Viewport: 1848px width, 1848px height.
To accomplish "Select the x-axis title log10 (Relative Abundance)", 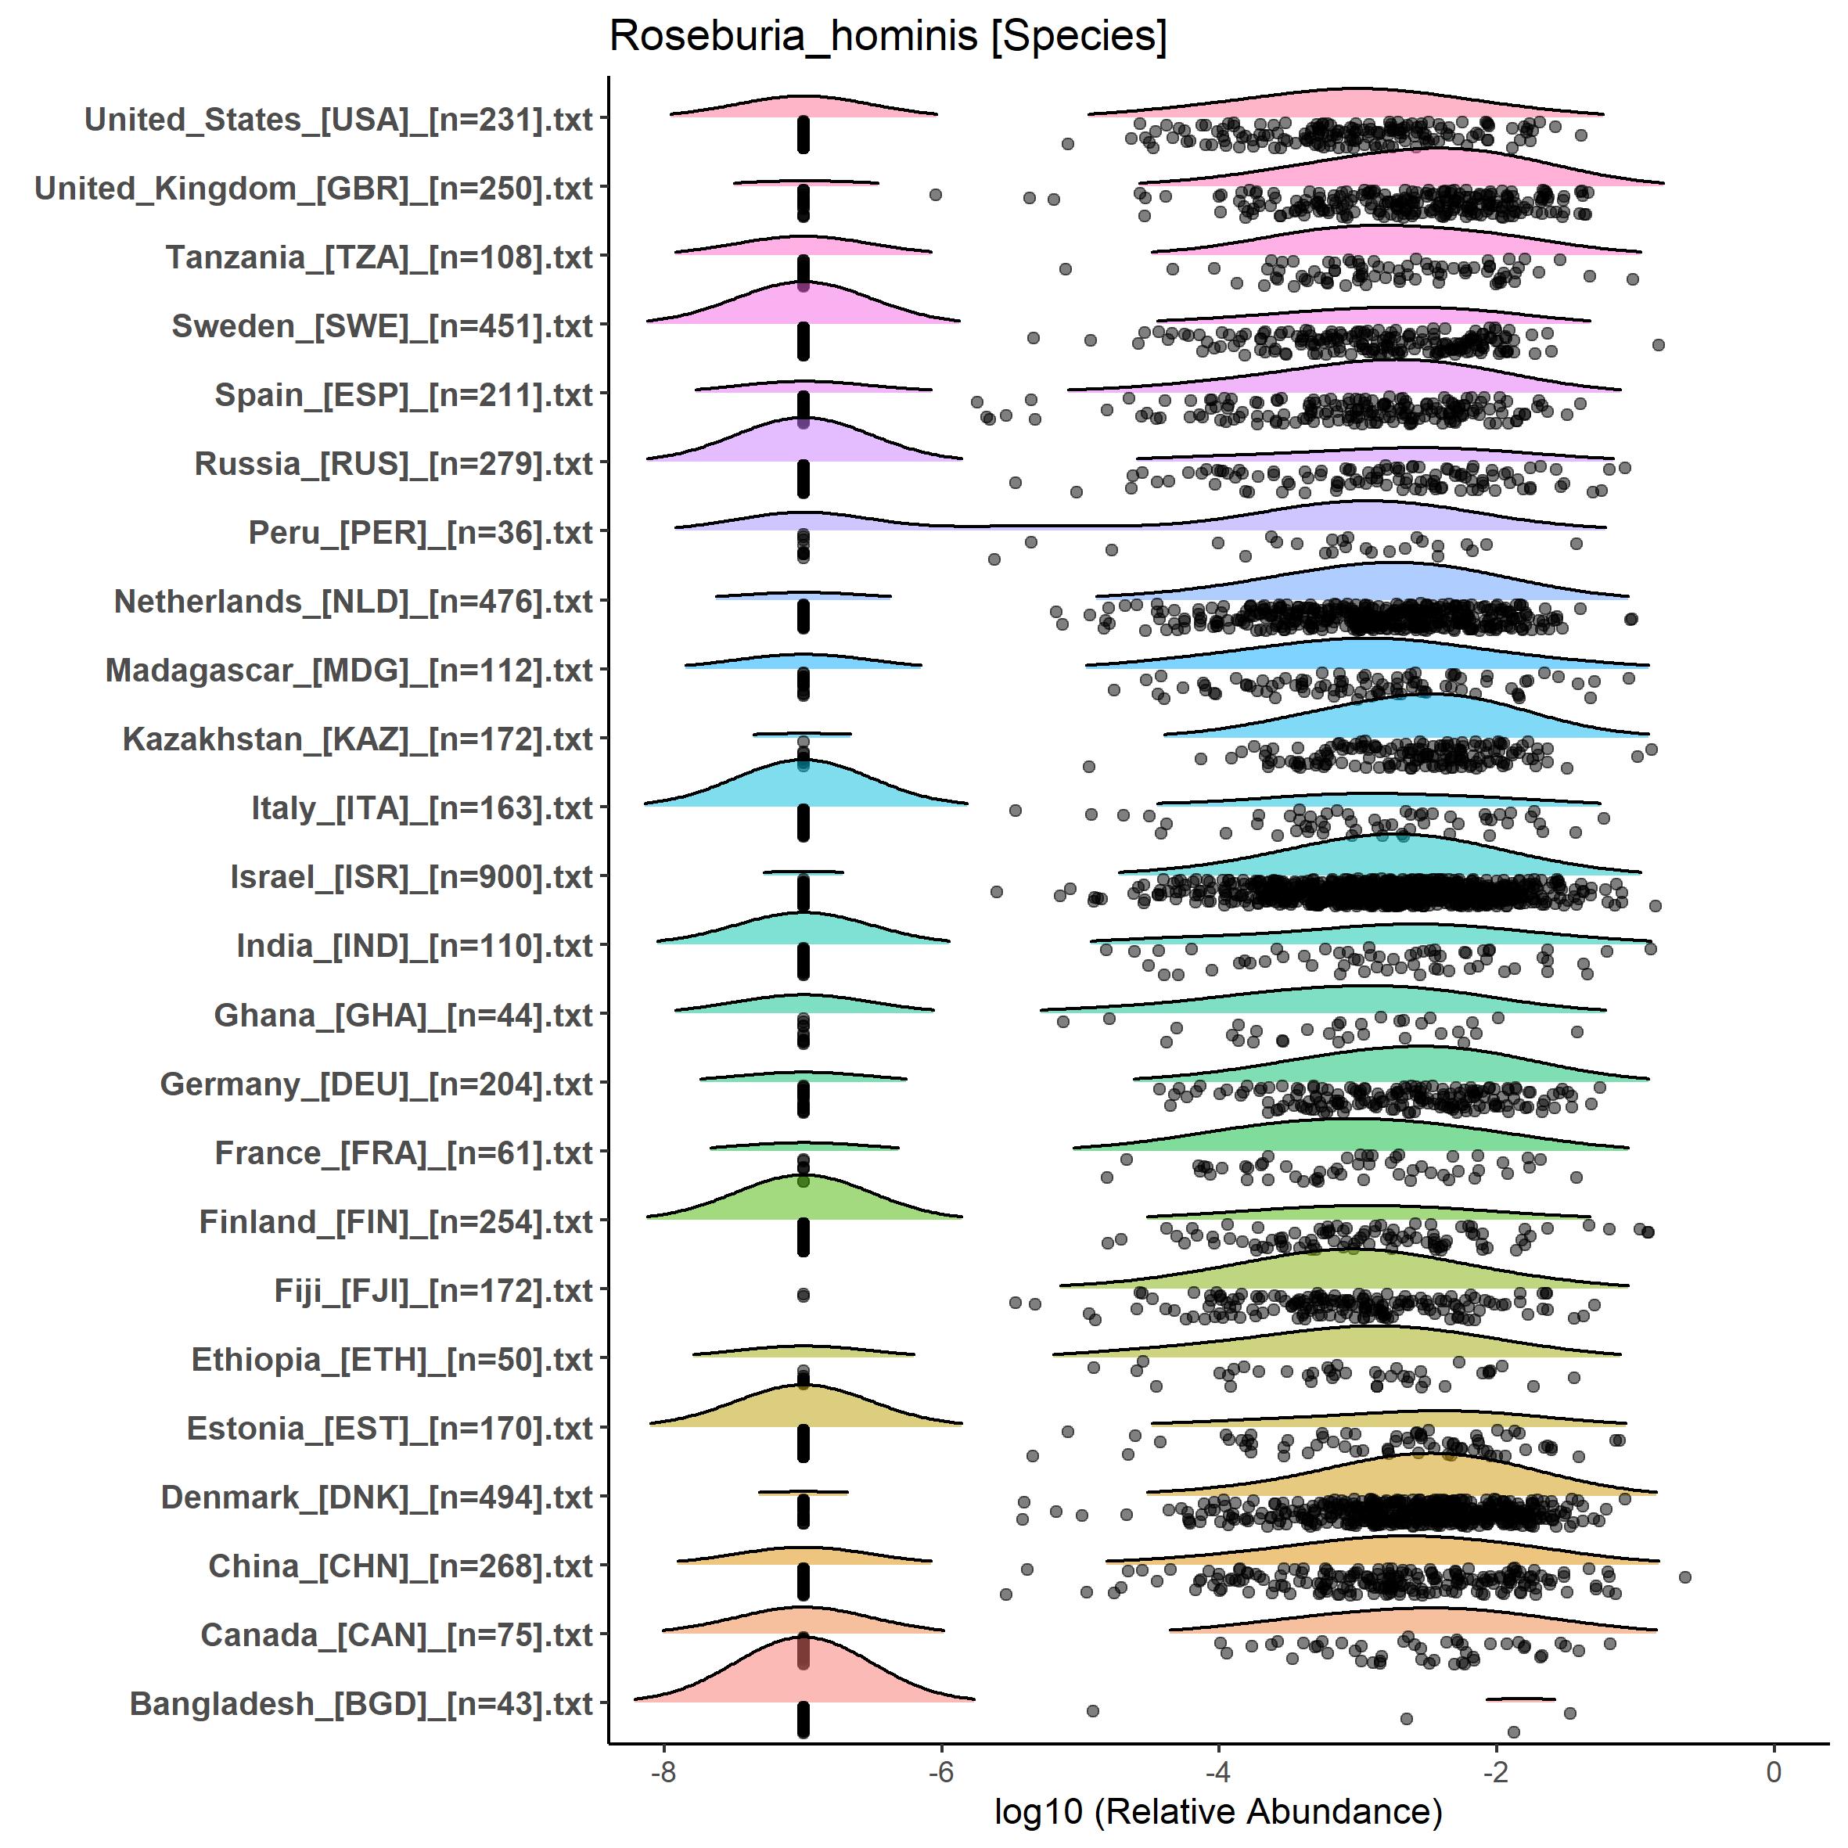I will [x=1217, y=1810].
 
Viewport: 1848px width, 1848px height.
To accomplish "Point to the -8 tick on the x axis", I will [x=663, y=1772].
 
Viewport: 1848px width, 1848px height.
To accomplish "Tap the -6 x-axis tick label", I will [x=941, y=1772].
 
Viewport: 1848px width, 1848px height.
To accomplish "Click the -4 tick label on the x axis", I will [x=1217, y=1772].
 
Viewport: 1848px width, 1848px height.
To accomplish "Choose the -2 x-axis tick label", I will [x=1495, y=1772].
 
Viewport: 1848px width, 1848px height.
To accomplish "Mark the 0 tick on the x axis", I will [x=1774, y=1772].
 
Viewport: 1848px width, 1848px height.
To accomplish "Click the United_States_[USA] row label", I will [x=339, y=120].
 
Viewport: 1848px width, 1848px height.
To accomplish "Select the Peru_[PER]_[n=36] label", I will [x=421, y=533].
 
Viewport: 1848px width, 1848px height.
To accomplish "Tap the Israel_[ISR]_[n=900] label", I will [x=412, y=877].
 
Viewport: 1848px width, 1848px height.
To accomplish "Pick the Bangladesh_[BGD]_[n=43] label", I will [x=361, y=1703].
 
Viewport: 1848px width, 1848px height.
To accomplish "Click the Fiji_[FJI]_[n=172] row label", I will [x=433, y=1290].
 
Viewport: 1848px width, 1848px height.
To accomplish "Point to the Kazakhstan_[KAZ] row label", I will [x=358, y=739].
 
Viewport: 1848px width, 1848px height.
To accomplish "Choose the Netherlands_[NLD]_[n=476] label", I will [x=354, y=602].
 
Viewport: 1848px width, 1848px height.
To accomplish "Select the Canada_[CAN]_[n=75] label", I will [x=397, y=1634].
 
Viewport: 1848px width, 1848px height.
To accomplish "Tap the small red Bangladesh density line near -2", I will [x=1521, y=1699].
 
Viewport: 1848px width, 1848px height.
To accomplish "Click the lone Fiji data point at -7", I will [x=804, y=1295].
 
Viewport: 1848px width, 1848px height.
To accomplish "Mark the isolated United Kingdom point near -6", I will [x=936, y=195].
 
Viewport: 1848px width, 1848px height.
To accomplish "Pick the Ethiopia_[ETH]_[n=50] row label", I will [x=392, y=1359].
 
